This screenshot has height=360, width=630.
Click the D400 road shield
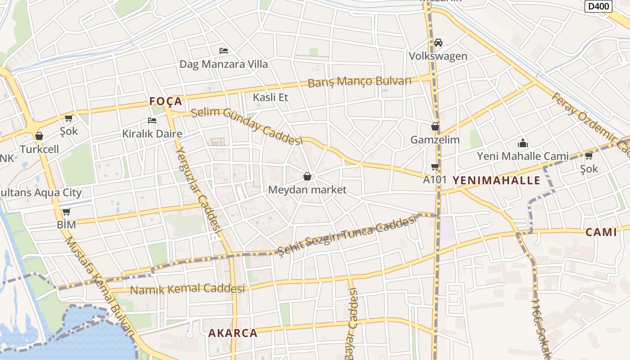click(599, 6)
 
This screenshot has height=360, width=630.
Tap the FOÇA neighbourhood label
click(166, 101)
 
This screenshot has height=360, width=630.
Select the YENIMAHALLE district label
click(496, 180)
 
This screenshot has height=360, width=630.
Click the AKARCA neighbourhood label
click(233, 333)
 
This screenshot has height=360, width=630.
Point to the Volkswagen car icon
click(438, 43)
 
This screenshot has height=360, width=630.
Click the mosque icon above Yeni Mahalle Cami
click(522, 144)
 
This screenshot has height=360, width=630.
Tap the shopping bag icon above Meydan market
click(307, 176)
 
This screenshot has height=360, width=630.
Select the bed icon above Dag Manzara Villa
click(223, 51)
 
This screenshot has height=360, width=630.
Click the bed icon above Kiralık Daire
click(152, 121)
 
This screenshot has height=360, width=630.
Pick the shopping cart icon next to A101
click(435, 167)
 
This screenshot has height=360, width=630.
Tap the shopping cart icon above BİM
click(67, 211)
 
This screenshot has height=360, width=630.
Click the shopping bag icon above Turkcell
click(39, 136)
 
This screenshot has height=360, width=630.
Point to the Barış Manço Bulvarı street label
click(360, 82)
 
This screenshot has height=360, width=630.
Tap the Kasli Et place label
click(270, 97)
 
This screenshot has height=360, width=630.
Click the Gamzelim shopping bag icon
click(435, 126)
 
